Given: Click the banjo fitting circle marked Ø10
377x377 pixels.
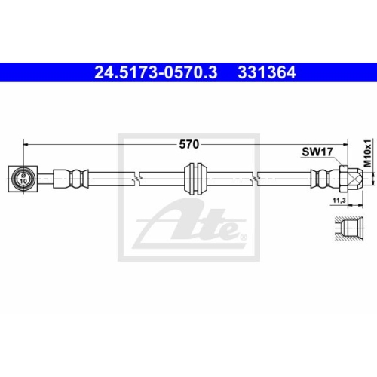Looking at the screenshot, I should coord(23,179).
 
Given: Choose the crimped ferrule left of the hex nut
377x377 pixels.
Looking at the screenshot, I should coord(322,179).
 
